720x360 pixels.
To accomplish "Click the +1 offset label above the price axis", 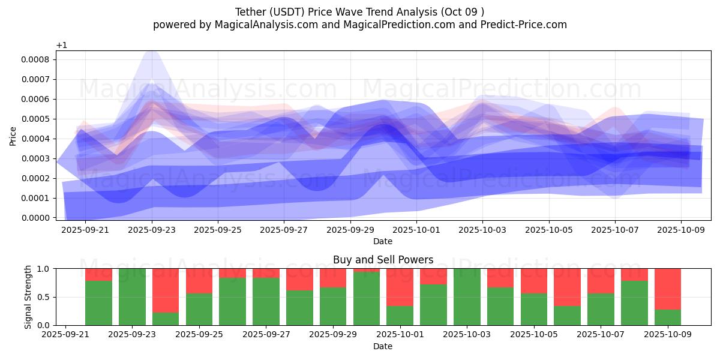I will coord(61,46).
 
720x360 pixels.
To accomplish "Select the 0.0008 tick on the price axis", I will coord(37,59).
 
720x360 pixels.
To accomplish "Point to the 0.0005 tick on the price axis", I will coord(37,119).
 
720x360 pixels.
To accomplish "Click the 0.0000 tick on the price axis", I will coord(37,218).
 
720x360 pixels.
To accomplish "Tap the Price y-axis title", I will coord(13,136).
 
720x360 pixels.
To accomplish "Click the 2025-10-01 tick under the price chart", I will coord(416,229).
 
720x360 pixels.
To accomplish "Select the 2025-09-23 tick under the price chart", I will coord(152,229).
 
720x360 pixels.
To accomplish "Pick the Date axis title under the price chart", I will coord(383,241).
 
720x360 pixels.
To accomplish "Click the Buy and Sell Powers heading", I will coord(383,260).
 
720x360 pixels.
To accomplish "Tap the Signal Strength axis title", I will coord(28,297).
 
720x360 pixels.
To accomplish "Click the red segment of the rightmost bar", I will coord(667,289).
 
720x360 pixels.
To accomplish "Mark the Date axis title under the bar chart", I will coord(383,346).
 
